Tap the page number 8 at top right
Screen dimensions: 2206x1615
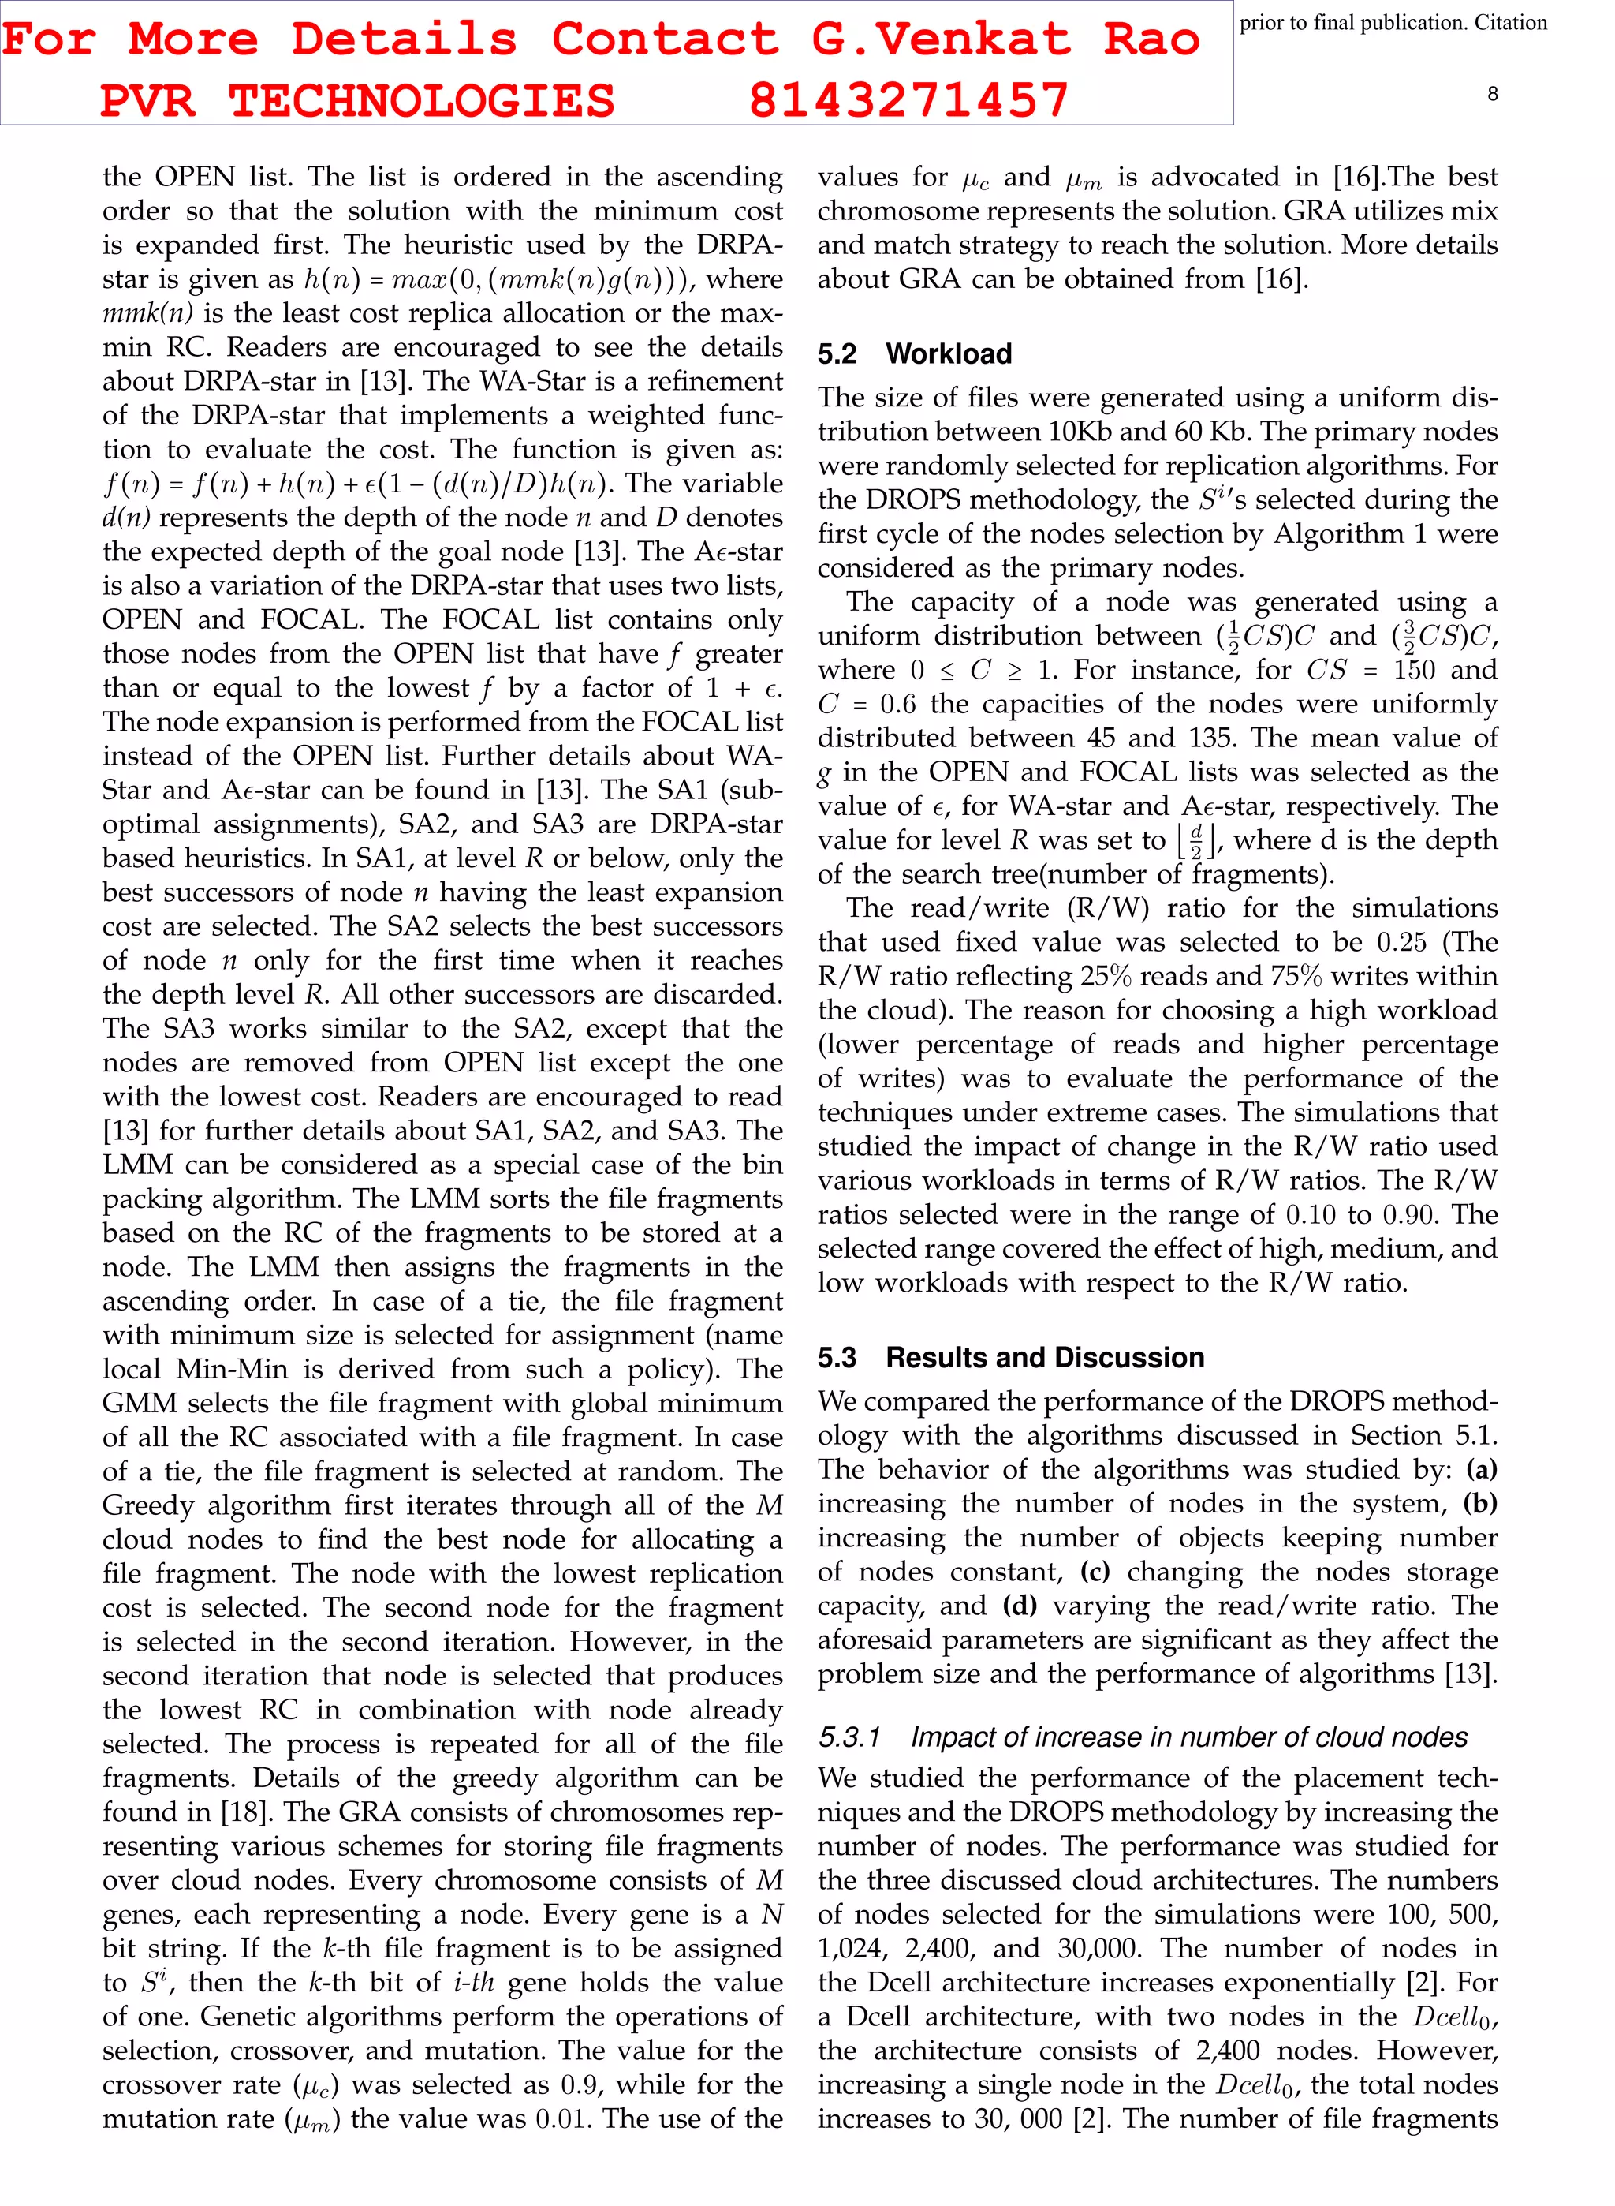(x=1492, y=94)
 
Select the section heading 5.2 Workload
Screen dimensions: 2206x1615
(x=914, y=354)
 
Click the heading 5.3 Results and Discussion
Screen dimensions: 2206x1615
(x=1011, y=1357)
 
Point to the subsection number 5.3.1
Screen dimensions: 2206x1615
(x=849, y=1737)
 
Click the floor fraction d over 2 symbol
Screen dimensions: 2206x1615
(x=1196, y=840)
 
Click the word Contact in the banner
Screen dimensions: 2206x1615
(x=664, y=39)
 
